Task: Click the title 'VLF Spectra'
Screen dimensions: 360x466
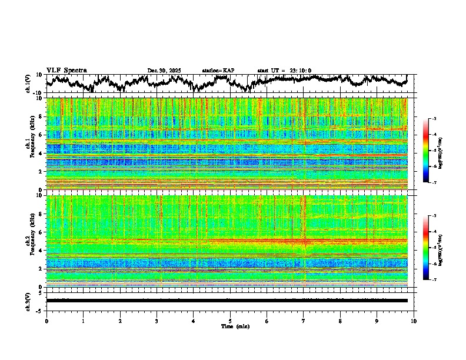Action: coord(66,70)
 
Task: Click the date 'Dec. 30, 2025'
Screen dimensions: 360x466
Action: coord(164,71)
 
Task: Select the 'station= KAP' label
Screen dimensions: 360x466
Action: coord(218,71)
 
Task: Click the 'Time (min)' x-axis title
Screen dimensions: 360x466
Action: coord(230,326)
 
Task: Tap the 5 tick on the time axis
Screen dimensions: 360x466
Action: coord(230,321)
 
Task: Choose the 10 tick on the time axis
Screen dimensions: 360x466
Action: coord(414,321)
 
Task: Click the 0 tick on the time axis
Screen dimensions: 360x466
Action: coord(46,321)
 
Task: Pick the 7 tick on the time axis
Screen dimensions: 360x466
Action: coord(304,321)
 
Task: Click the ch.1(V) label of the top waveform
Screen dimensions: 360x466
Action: coord(28,84)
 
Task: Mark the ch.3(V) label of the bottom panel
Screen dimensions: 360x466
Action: coord(28,301)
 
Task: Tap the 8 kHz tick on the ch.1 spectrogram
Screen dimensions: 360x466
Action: coord(40,116)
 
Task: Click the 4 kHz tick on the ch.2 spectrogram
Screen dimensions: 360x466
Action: coord(40,251)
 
